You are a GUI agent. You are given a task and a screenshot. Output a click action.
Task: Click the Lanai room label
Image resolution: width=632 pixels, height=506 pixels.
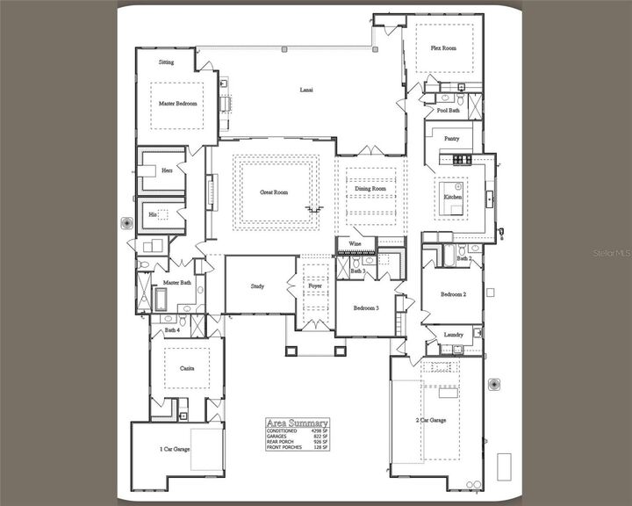(306, 90)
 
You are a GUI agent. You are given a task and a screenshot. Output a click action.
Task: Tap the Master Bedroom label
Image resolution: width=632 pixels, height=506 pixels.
(178, 104)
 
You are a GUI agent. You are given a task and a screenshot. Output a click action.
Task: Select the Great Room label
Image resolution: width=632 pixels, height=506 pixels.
(274, 192)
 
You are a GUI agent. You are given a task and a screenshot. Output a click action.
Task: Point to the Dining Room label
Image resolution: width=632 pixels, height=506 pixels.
(370, 189)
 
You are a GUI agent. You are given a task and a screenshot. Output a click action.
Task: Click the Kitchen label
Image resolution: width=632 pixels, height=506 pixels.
(453, 197)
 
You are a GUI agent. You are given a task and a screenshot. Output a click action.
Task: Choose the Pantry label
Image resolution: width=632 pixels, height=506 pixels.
(452, 138)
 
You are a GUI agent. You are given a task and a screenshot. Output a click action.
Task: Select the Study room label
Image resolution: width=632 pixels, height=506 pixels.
(257, 286)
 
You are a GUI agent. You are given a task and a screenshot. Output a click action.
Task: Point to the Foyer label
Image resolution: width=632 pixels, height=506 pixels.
(314, 286)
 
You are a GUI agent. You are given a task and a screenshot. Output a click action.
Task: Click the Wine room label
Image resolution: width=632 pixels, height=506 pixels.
(355, 244)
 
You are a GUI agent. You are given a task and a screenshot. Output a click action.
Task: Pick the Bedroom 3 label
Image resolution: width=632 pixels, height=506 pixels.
(366, 308)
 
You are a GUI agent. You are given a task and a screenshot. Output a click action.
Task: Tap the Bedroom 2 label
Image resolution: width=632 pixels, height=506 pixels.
(452, 294)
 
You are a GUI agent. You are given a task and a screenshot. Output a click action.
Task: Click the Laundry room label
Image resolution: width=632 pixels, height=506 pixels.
(453, 335)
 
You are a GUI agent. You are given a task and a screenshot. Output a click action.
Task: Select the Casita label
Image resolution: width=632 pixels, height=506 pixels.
(186, 369)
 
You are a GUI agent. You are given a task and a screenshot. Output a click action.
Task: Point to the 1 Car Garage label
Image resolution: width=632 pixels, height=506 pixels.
(175, 449)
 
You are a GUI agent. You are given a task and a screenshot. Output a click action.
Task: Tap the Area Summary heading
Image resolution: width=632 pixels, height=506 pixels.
(297, 423)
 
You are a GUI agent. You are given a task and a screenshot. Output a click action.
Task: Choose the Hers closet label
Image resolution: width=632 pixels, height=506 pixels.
(167, 170)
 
